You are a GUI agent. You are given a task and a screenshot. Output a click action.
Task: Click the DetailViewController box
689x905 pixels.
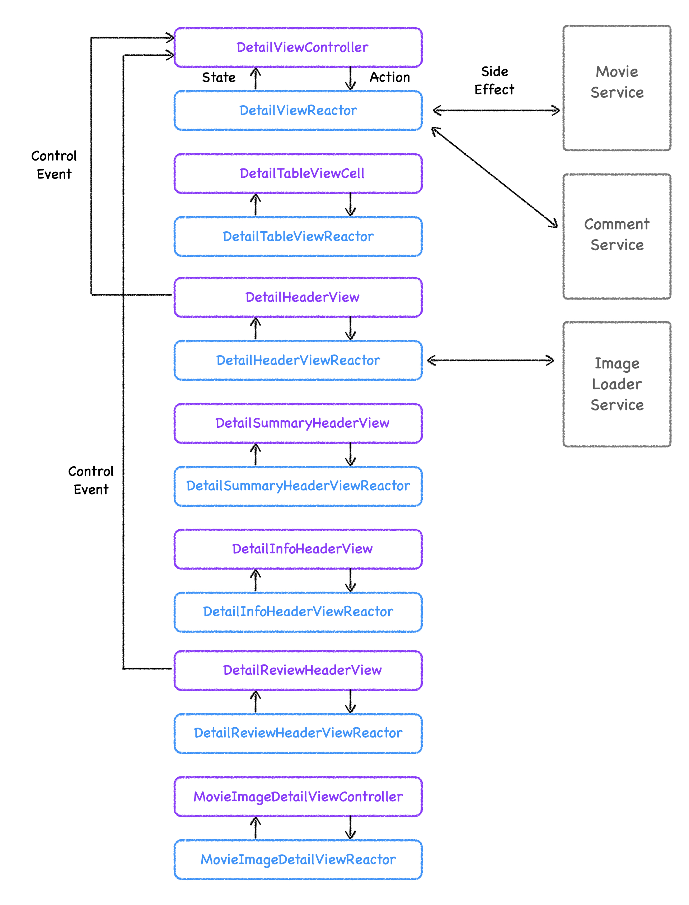point(298,47)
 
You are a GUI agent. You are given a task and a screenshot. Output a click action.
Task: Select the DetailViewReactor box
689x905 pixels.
point(298,110)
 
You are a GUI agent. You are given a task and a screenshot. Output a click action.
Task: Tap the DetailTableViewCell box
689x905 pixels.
point(298,173)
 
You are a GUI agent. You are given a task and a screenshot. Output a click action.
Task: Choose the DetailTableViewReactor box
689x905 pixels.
point(298,236)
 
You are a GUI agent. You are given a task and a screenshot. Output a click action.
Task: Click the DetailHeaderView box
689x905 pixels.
point(298,297)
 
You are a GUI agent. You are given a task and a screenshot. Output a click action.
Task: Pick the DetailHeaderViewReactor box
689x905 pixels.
point(298,360)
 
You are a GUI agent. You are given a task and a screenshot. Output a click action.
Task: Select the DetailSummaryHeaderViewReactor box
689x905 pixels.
point(298,486)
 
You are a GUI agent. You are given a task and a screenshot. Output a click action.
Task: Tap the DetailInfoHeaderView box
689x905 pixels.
point(298,549)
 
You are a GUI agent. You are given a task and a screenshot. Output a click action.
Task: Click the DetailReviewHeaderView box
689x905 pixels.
point(298,670)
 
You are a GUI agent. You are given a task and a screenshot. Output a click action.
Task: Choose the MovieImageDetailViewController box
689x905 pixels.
point(298,796)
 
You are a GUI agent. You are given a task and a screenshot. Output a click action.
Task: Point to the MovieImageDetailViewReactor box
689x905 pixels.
point(298,859)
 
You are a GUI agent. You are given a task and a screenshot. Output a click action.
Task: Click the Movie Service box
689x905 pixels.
point(617,88)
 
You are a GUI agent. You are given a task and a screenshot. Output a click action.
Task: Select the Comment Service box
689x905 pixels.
point(617,236)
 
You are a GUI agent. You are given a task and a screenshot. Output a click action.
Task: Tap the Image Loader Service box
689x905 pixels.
point(617,384)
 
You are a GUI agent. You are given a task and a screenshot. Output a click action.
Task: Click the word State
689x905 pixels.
point(219,77)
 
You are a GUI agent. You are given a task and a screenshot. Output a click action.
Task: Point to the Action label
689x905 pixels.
point(390,77)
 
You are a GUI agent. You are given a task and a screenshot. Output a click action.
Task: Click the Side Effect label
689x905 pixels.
point(494,80)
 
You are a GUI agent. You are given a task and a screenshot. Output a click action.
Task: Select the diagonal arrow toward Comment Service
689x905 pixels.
point(494,177)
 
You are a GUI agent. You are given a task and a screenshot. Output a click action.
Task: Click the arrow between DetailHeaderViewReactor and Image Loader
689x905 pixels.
point(491,360)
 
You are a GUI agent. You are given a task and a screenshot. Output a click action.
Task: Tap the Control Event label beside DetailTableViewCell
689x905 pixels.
point(54,164)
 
